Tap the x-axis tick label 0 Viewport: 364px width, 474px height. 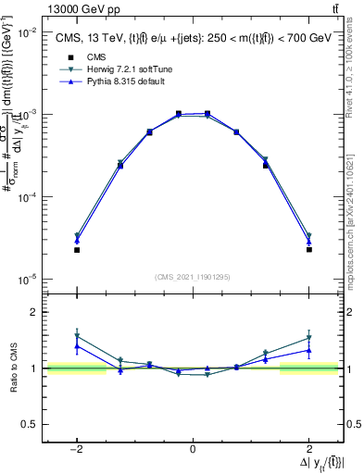point(192,449)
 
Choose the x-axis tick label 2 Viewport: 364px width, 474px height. point(308,449)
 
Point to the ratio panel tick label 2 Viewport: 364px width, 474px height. point(34,312)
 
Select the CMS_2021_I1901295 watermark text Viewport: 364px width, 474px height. point(192,276)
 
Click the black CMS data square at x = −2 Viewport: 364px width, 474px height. point(77,250)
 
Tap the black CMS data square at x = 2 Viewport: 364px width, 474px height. point(308,250)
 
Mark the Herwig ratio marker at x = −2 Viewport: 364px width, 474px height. point(77,336)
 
